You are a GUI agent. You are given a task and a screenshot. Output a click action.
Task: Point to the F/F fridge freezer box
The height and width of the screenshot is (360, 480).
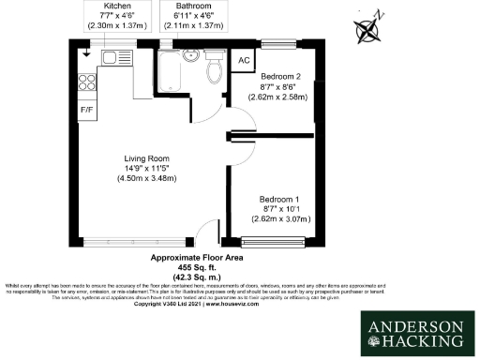click(x=87, y=108)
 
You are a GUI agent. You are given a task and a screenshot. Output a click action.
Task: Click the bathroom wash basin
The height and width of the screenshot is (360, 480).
click(x=190, y=54)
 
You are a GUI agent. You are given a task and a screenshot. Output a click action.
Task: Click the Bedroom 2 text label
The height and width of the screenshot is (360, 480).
click(x=280, y=75)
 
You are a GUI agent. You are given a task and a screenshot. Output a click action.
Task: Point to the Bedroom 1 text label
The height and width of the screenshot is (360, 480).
click(x=280, y=200)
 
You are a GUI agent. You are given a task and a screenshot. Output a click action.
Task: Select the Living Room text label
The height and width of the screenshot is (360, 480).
click(x=147, y=158)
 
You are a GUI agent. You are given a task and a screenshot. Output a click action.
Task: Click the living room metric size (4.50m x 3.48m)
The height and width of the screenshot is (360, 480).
click(x=147, y=179)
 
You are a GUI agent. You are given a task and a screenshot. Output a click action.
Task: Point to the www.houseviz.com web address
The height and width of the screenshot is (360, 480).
click(x=237, y=305)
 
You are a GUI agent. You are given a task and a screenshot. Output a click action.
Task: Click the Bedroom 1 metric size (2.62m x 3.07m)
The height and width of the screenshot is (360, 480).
click(x=280, y=220)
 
